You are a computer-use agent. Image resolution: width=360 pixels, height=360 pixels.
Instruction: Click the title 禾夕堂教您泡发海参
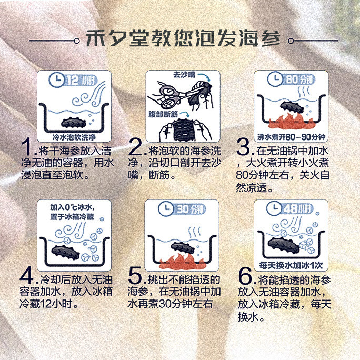pyautogui.click(x=183, y=38)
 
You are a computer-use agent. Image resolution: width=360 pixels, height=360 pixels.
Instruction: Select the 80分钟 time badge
pyautogui.click(x=299, y=79)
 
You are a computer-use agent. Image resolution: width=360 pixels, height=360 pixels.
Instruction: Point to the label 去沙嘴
pyautogui.click(x=184, y=75)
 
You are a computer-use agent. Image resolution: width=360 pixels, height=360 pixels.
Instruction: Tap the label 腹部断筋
pyautogui.click(x=163, y=114)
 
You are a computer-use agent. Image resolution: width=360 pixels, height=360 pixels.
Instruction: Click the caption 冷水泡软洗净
pyautogui.click(x=74, y=137)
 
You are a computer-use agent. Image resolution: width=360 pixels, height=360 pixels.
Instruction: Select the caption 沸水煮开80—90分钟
pyautogui.click(x=291, y=137)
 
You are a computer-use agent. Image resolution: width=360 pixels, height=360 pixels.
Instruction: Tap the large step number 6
pyautogui.click(x=245, y=276)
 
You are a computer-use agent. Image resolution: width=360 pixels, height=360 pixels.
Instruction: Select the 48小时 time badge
pyautogui.click(x=298, y=209)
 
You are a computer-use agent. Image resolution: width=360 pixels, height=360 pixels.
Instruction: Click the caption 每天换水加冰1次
pyautogui.click(x=291, y=265)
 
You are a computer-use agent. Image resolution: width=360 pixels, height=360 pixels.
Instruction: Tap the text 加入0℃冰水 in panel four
pyautogui.click(x=72, y=207)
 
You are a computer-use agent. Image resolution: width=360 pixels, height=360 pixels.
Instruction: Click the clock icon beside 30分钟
pyautogui.click(x=166, y=209)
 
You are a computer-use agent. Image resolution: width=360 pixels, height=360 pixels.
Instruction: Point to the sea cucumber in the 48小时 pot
pyautogui.click(x=284, y=245)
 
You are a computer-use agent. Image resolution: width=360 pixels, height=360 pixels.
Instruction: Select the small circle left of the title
pyautogui.click(x=77, y=41)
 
